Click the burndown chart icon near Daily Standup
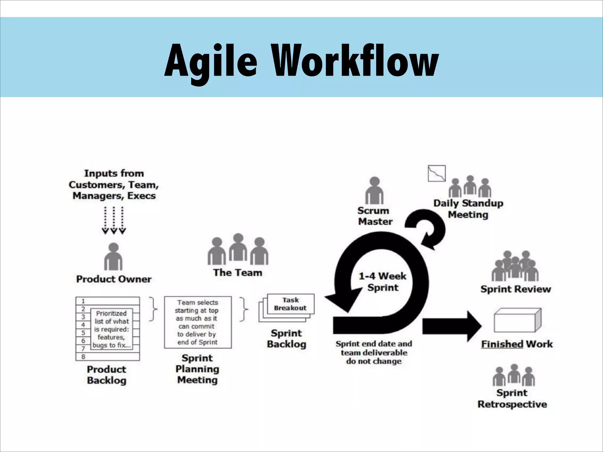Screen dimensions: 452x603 [x=437, y=173]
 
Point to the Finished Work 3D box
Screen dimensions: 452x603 [x=517, y=320]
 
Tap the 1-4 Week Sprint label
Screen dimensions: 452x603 [x=382, y=282]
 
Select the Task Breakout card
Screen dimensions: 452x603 [x=290, y=304]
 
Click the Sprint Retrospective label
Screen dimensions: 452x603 [x=512, y=398]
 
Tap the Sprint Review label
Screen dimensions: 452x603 [x=516, y=289]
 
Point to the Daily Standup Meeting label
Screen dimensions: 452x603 [x=468, y=209]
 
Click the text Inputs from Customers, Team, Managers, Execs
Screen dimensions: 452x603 [x=114, y=185]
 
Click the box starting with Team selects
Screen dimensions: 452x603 [x=198, y=322]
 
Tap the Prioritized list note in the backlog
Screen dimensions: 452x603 [x=112, y=329]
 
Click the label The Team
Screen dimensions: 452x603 [x=238, y=273]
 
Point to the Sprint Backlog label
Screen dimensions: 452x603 [x=286, y=338]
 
